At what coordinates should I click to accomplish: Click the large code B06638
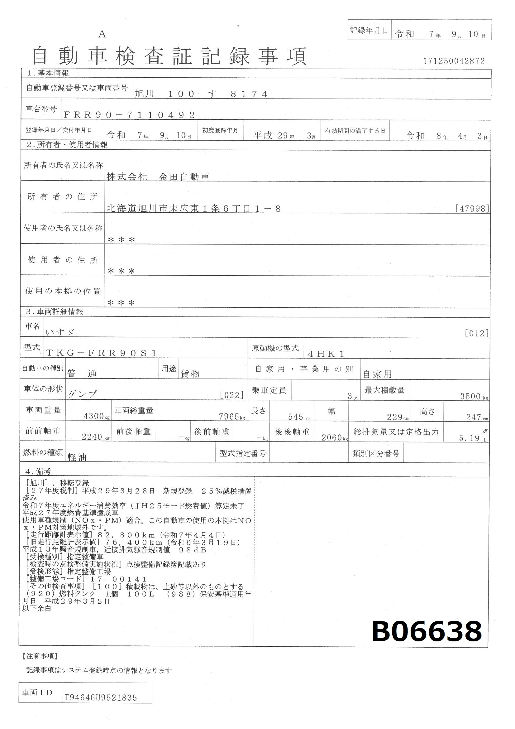click(427, 632)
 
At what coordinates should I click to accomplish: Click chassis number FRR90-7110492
click(129, 115)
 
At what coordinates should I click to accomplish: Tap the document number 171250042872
click(454, 61)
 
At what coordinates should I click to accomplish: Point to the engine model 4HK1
click(326, 354)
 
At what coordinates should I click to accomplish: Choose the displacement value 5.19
click(469, 438)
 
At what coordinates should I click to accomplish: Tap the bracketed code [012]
click(476, 333)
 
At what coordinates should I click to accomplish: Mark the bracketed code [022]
click(231, 395)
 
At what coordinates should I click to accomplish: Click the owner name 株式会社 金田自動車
click(158, 177)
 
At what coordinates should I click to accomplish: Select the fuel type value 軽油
click(77, 457)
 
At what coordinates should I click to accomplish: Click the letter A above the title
click(102, 34)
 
